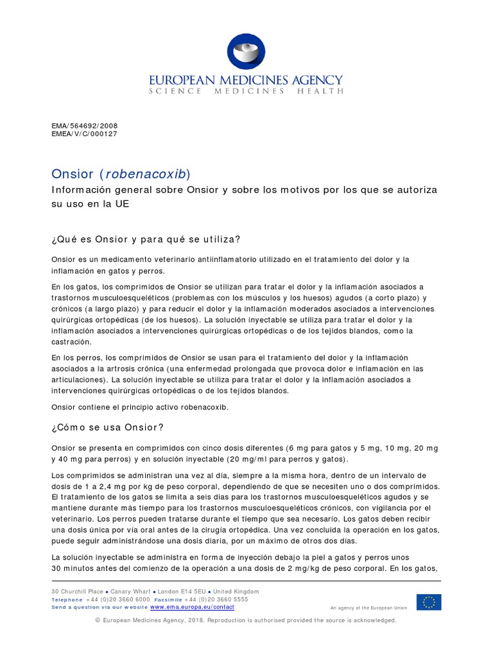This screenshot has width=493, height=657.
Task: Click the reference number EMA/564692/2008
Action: point(84,126)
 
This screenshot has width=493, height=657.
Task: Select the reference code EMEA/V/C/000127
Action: point(84,134)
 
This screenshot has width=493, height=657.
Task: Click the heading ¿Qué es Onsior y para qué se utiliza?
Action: point(146,239)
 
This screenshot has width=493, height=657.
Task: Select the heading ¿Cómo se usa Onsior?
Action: point(107,427)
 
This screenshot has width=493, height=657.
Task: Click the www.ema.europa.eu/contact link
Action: point(192,607)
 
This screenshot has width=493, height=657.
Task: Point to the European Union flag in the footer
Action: point(428,602)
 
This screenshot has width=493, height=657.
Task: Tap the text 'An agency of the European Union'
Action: point(368,608)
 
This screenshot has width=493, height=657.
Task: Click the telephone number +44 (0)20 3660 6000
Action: point(114,599)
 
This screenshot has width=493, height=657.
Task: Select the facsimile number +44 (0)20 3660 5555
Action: point(213,599)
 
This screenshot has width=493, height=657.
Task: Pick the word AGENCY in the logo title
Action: point(316,80)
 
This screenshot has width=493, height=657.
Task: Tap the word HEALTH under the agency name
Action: point(320,91)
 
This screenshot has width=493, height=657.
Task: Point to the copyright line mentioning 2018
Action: point(246,620)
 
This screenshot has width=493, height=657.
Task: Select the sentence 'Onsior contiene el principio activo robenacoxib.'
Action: point(139,407)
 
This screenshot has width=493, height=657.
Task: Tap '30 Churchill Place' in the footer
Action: point(71,592)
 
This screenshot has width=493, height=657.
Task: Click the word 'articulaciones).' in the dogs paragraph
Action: point(80,379)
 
